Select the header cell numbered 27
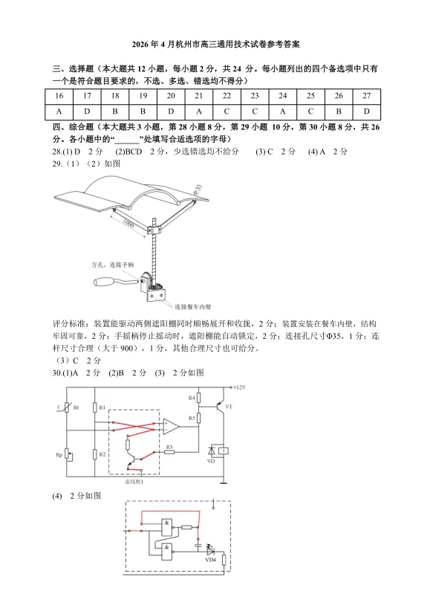point(366,96)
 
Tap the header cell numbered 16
point(59,96)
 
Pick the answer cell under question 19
point(143,111)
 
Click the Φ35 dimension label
point(198,192)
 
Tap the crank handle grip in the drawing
point(111,282)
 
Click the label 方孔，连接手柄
point(112,265)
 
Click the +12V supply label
point(239,387)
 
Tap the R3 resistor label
point(169,446)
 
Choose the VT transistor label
point(229,407)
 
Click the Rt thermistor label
point(76,407)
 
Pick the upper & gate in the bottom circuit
point(169,523)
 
